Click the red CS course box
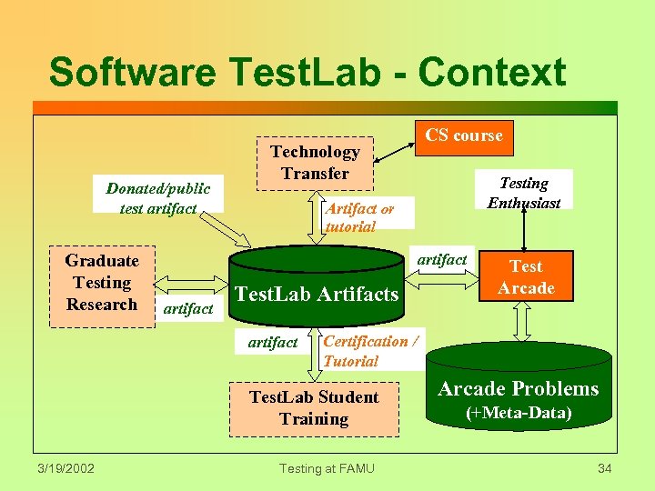click(464, 136)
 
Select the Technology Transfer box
click(315, 163)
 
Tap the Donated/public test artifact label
click(157, 198)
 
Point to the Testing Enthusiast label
click(524, 192)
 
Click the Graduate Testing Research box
click(102, 283)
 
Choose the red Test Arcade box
click(526, 277)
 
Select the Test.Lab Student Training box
click(314, 408)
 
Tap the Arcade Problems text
click(519, 389)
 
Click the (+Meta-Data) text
click(519, 414)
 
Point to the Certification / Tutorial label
click(371, 351)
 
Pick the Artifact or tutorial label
click(359, 217)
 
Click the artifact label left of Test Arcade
click(441, 260)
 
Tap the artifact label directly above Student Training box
click(272, 343)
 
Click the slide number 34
click(605, 468)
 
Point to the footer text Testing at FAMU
click(326, 468)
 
